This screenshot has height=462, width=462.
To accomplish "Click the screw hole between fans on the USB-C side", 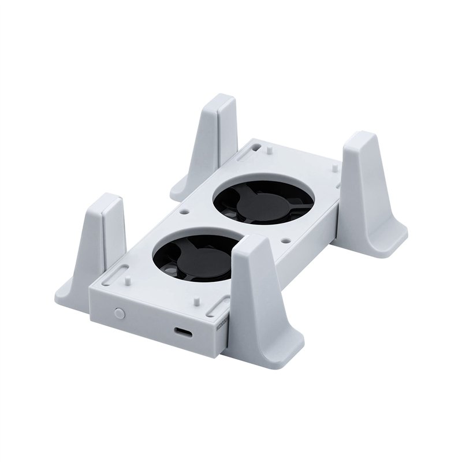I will click(x=284, y=238).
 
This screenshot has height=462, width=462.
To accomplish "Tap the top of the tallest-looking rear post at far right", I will click(x=362, y=139).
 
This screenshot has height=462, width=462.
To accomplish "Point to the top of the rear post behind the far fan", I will click(x=221, y=102).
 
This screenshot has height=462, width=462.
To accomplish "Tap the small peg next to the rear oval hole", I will click(x=270, y=150).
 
